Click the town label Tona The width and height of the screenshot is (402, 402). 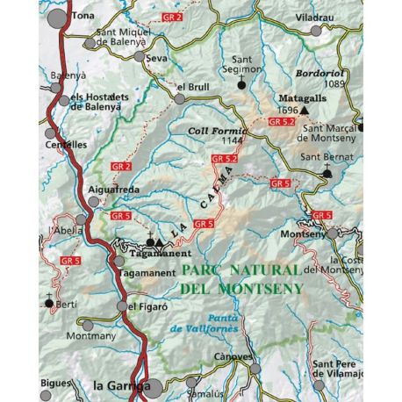coord(84,15)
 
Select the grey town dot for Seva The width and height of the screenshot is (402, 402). coord(140,56)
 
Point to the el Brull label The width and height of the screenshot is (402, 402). coord(192,87)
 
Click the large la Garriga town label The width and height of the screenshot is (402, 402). coord(116,384)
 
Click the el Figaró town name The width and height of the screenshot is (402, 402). coord(146,306)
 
